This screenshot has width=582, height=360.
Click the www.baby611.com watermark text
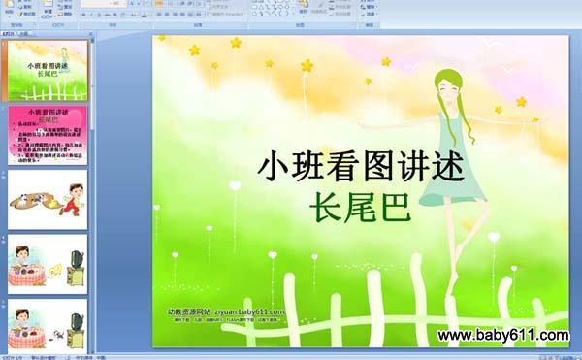pos(502,336)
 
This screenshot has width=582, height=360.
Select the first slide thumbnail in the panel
pos(48,71)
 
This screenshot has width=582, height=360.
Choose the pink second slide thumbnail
pos(48,135)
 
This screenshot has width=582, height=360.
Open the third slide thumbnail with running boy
pos(48,199)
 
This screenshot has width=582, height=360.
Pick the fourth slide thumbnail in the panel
pos(48,263)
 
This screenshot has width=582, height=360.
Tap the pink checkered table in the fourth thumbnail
pos(28,275)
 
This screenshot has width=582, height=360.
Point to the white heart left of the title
pos(235,184)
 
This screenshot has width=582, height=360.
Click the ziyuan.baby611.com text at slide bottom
pos(225,311)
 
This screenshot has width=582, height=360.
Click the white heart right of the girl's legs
pos(494,237)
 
